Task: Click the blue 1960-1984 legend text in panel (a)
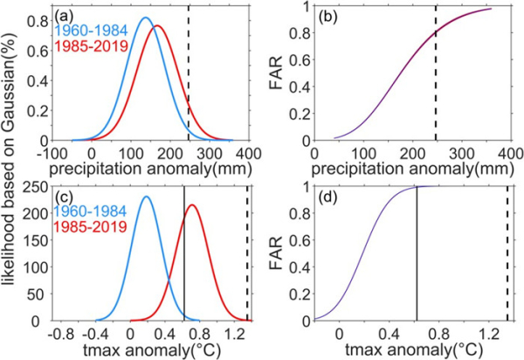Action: coord(87,31)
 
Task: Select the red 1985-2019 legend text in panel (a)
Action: coord(93,45)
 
